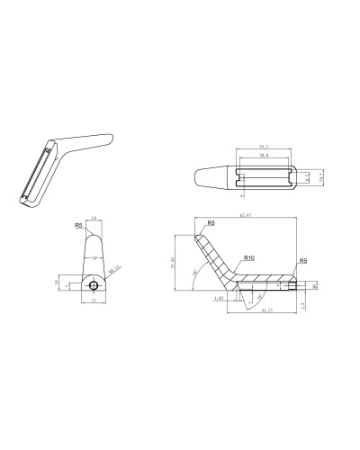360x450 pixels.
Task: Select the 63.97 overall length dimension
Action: [244, 216]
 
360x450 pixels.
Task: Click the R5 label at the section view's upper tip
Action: [211, 222]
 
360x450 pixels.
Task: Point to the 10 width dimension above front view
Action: [95, 219]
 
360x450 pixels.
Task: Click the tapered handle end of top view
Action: [209, 176]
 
